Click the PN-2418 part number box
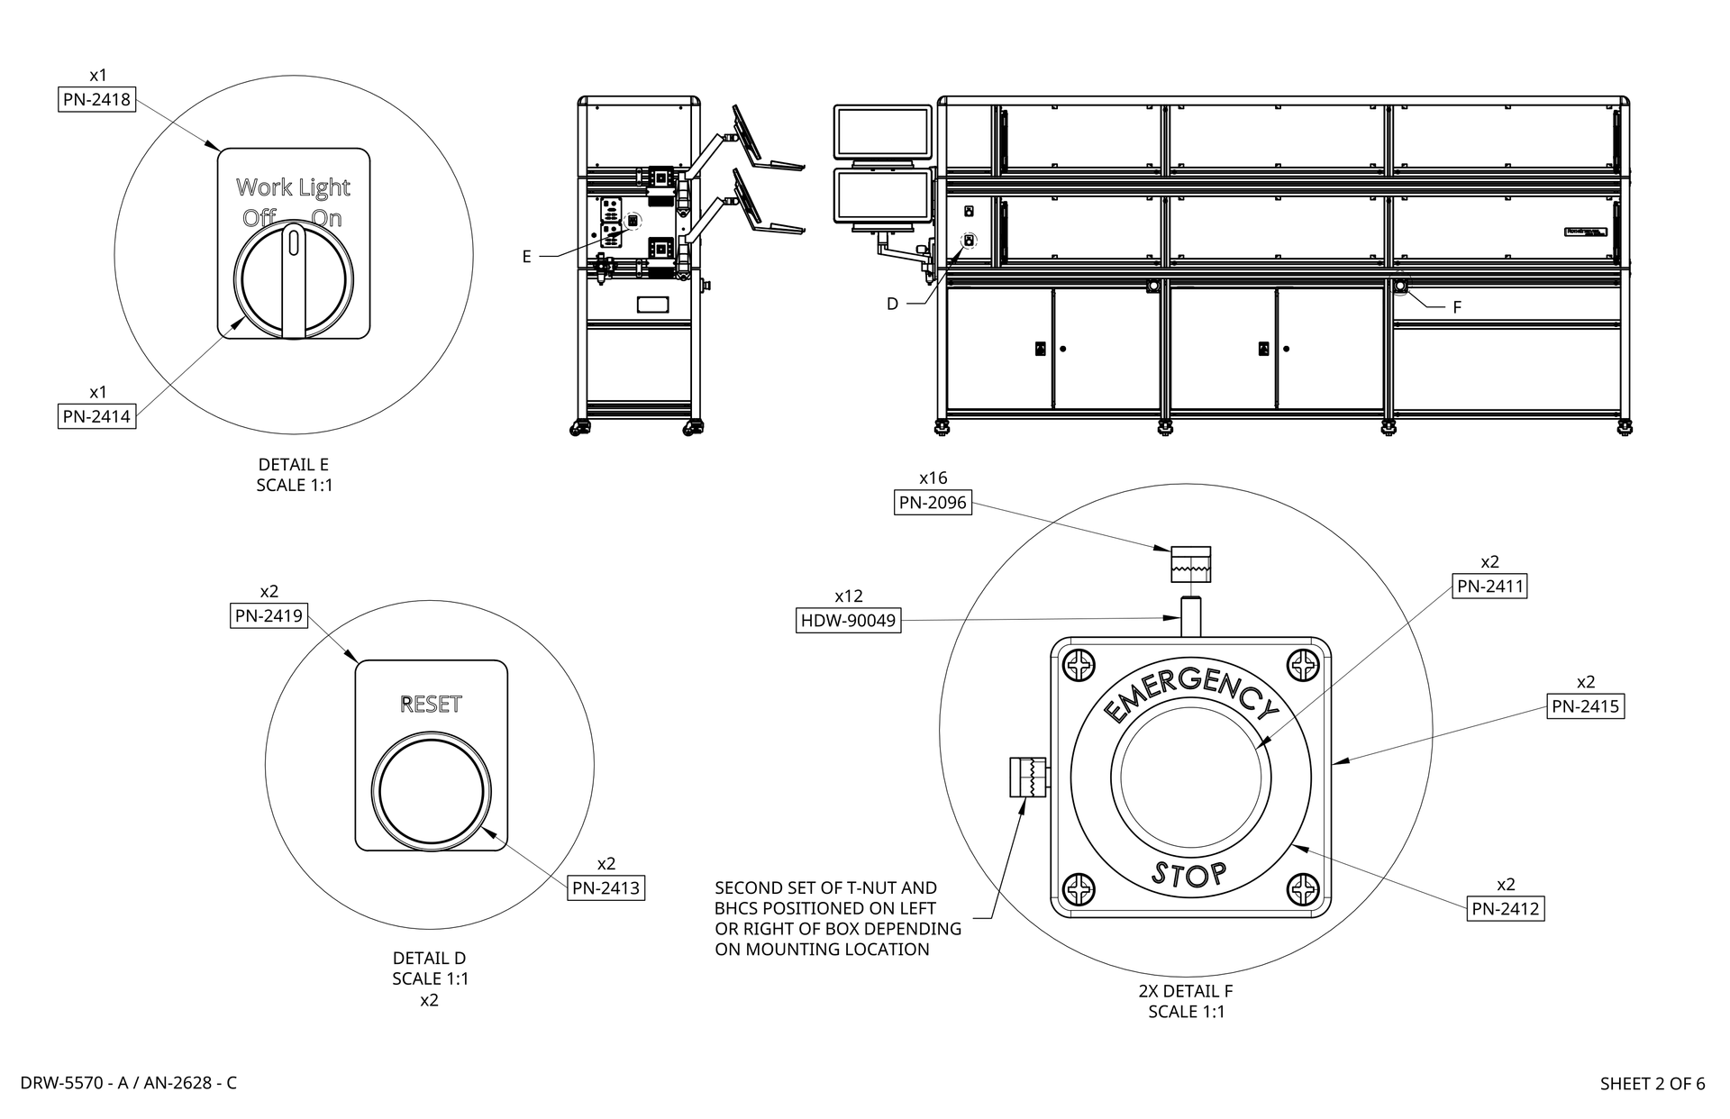tap(97, 99)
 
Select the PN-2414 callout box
tap(96, 416)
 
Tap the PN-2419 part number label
tap(269, 616)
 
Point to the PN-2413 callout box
tap(606, 887)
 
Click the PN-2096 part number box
tap(933, 503)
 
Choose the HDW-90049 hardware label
tap(849, 620)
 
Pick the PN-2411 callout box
tap(1490, 587)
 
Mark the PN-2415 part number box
tap(1586, 706)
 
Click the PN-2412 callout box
tap(1506, 909)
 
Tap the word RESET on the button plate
tap(431, 705)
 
